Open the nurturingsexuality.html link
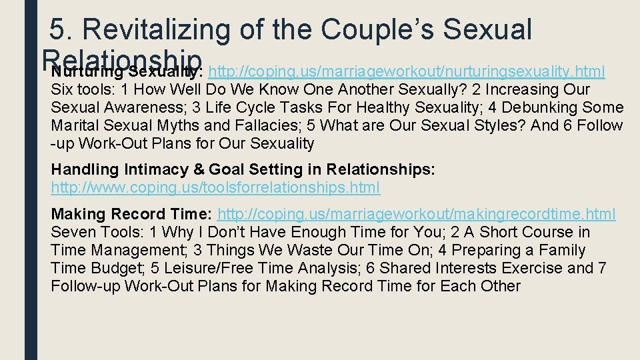click(407, 71)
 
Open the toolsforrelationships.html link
click(215, 188)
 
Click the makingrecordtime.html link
click(417, 214)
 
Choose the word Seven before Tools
click(72, 232)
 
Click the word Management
click(131, 250)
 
